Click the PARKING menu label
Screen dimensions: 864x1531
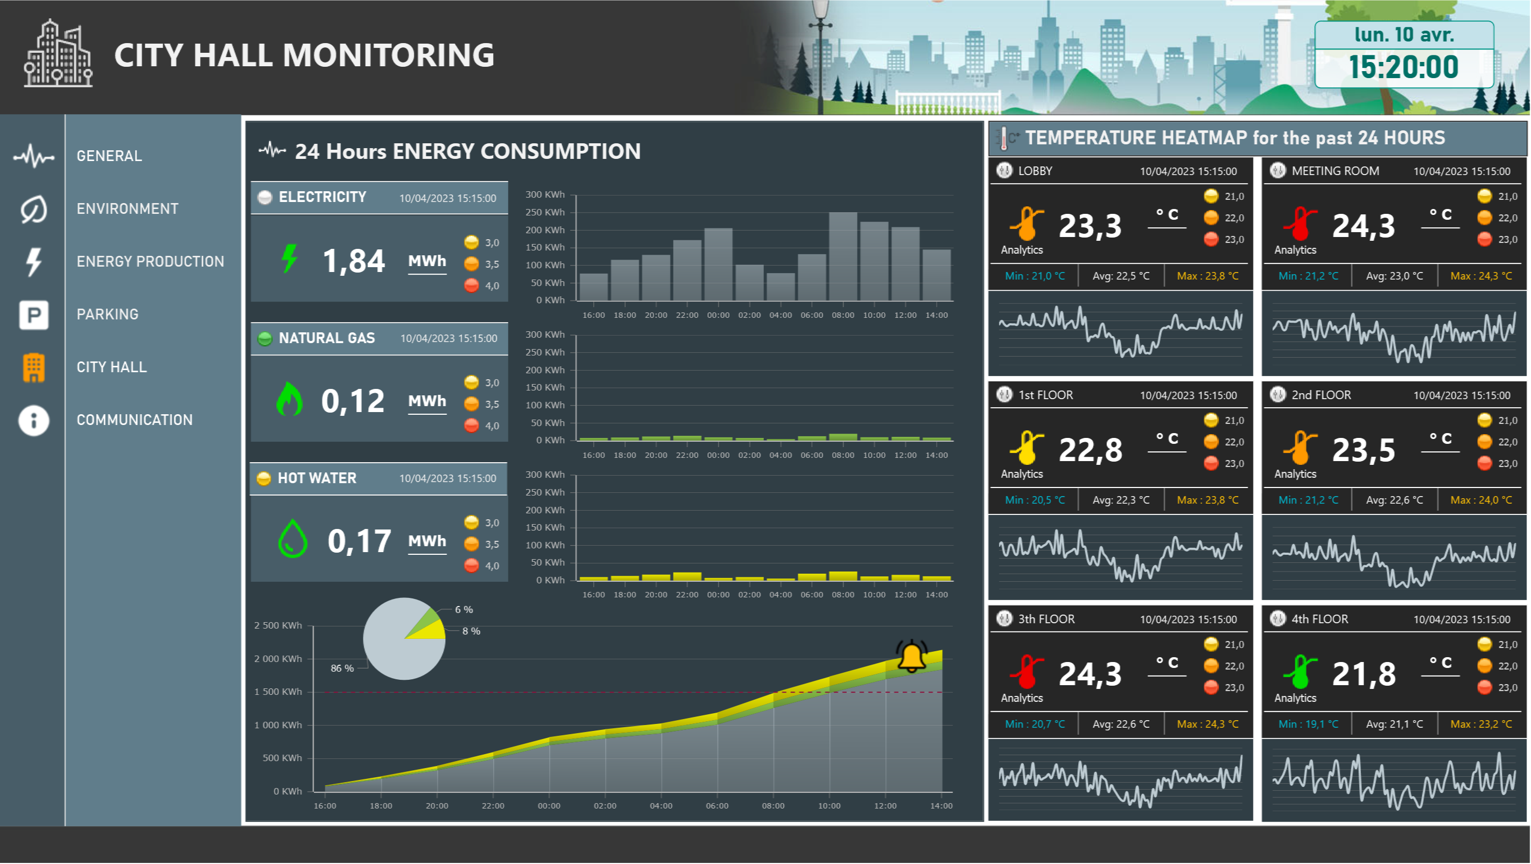[x=108, y=314]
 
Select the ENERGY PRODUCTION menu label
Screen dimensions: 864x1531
[x=150, y=262]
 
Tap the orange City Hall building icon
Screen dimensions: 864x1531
[x=34, y=367]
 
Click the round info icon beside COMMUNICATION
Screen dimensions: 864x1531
[x=34, y=420]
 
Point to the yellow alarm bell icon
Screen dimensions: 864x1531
[x=911, y=657]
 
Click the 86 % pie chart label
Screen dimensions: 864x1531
[x=342, y=668]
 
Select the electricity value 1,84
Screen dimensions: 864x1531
[x=354, y=261]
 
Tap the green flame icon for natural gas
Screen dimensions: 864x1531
[x=290, y=400]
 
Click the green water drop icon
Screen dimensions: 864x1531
[x=292, y=539]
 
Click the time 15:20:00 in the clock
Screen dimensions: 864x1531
[x=1403, y=67]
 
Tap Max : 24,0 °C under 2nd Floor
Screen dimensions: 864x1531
[x=1481, y=500]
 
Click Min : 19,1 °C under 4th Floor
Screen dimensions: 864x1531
[x=1308, y=724]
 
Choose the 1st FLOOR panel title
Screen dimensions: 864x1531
[x=1045, y=395]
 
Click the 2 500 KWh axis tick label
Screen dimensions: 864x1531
[x=278, y=625]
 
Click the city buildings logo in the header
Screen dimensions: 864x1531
[x=58, y=54]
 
